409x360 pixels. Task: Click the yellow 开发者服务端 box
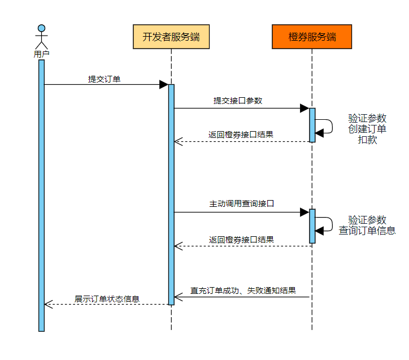[171, 37]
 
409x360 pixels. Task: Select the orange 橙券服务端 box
[312, 37]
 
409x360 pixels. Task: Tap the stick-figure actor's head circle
[41, 28]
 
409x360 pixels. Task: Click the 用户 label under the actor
[41, 54]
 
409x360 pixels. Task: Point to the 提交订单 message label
[104, 79]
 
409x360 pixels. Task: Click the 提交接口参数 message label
[238, 101]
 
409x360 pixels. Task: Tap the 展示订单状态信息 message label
[107, 298]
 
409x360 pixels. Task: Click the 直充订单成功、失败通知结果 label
[243, 290]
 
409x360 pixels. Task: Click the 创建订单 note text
[367, 129]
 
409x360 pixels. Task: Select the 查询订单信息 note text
[367, 231]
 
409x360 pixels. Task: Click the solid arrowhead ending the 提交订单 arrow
[164, 85]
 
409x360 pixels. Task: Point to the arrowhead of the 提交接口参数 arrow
[304, 108]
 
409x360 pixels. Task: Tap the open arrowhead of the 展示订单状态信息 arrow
[49, 304]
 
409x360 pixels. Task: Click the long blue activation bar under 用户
[41, 195]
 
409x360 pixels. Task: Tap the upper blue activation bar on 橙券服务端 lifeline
[312, 125]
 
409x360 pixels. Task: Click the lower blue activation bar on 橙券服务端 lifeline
[312, 226]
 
